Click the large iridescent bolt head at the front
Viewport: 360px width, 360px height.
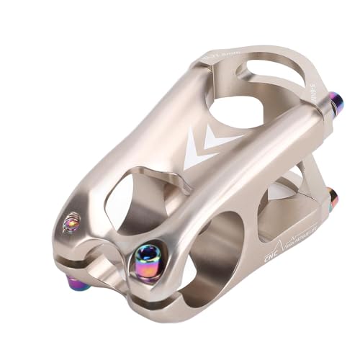click(x=149, y=255)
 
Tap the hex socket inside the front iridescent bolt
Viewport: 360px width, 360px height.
click(x=149, y=254)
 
